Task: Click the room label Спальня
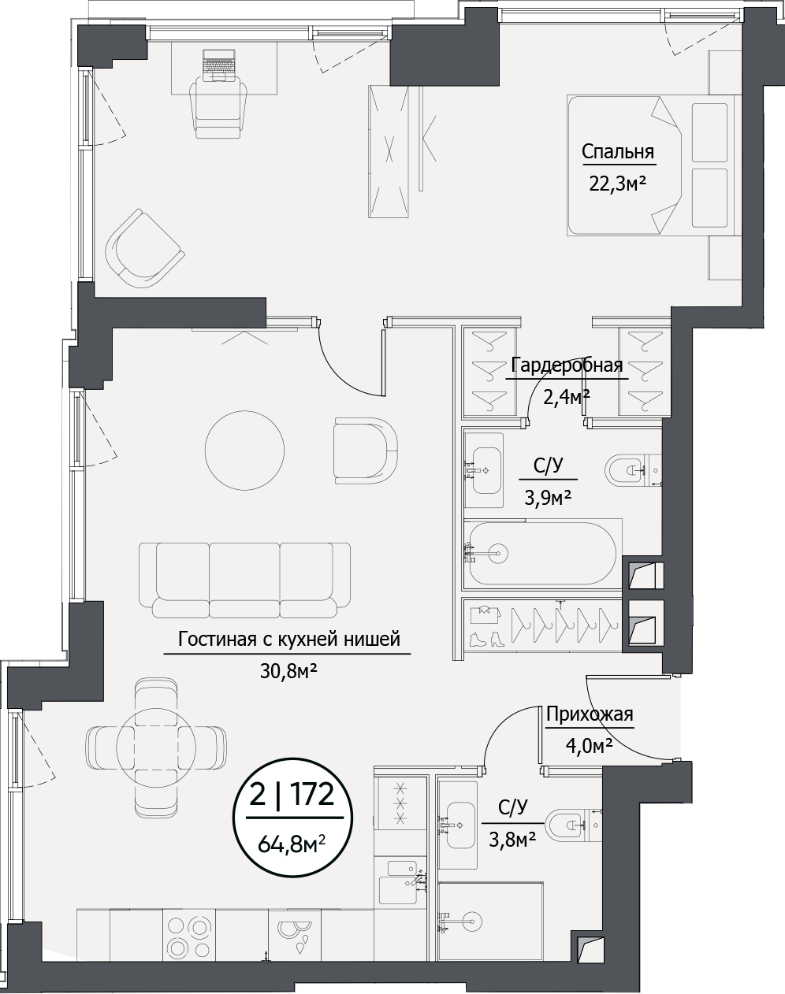[618, 151]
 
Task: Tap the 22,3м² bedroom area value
[618, 184]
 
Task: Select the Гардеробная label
[567, 365]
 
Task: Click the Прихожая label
[590, 714]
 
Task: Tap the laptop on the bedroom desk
[219, 65]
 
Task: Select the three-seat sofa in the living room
[245, 579]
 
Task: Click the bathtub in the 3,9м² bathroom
[541, 553]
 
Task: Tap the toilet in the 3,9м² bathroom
[628, 471]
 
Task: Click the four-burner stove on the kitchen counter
[189, 936]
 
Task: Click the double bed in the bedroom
[650, 165]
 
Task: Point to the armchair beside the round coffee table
[364, 451]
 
